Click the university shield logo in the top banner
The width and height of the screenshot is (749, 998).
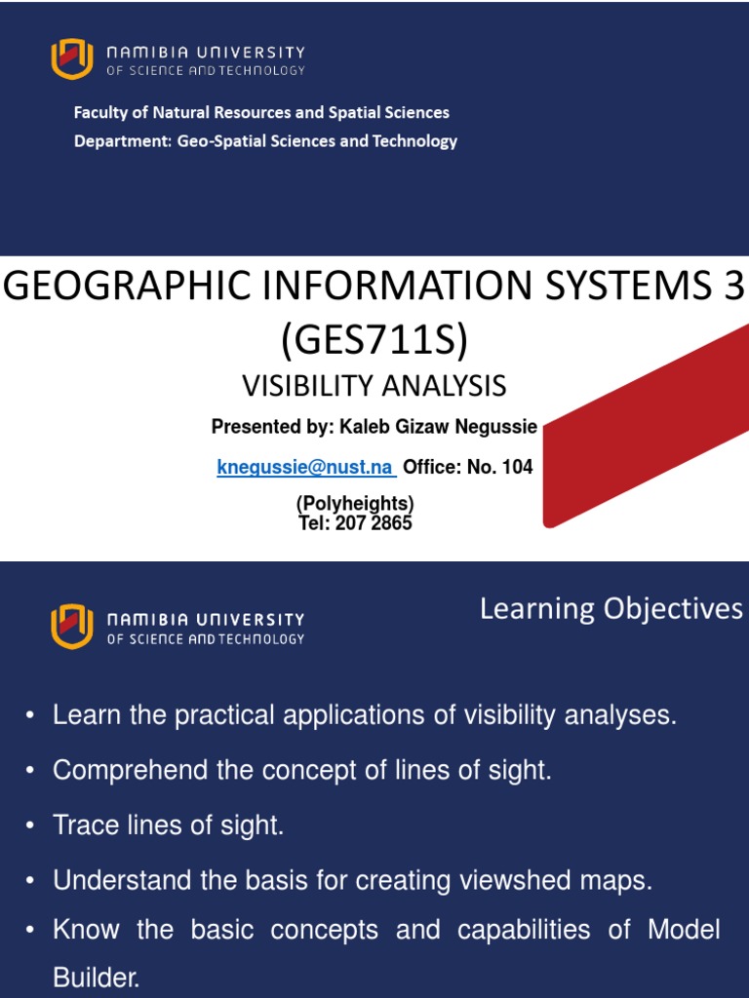click(x=72, y=58)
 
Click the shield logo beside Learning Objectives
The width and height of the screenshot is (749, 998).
click(x=72, y=626)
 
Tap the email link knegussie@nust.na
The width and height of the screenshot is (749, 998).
click(x=305, y=467)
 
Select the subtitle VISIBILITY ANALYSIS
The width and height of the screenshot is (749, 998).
click(x=374, y=386)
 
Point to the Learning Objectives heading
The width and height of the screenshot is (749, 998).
click(x=611, y=609)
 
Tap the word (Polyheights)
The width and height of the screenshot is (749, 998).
click(x=355, y=504)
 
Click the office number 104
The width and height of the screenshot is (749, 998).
click(x=516, y=467)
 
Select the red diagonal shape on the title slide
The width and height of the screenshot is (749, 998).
click(x=644, y=429)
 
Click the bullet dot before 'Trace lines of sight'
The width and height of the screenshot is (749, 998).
click(x=30, y=826)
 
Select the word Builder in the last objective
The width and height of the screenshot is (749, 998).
click(x=97, y=979)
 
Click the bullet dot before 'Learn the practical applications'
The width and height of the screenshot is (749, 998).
click(x=30, y=715)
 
